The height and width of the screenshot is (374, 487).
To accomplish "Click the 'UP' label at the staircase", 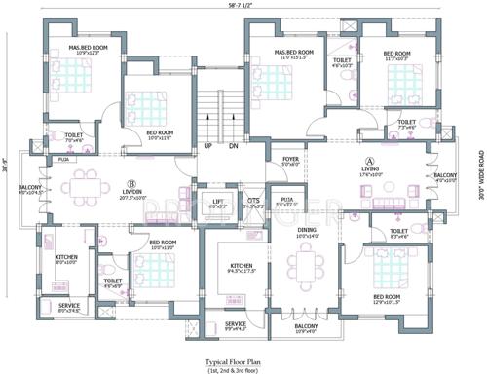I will [208, 147].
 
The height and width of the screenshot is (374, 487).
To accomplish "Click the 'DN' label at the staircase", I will [233, 147].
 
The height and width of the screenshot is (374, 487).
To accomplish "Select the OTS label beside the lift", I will [252, 202].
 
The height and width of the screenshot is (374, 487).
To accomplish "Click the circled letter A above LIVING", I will [369, 160].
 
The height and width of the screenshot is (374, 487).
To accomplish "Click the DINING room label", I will [308, 230].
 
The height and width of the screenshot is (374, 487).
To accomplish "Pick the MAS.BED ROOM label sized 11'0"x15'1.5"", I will [293, 52].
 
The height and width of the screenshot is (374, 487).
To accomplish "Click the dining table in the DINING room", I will [308, 271].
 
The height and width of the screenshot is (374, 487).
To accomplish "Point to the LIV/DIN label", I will [128, 193].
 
